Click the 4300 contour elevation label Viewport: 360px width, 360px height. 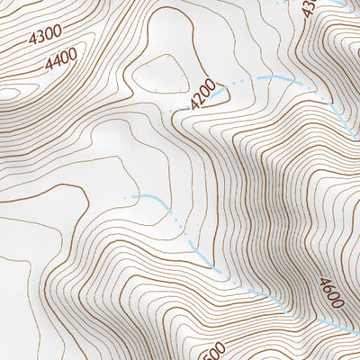pyautogui.click(x=45, y=37)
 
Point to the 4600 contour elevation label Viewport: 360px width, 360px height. pyautogui.click(x=329, y=292)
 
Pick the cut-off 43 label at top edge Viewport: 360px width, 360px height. pyautogui.click(x=310, y=7)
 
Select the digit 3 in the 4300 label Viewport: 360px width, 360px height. pyautogui.click(x=40, y=38)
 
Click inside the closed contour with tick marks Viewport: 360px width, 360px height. pyautogui.click(x=162, y=76)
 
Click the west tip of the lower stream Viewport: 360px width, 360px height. pyautogui.click(x=133, y=195)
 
